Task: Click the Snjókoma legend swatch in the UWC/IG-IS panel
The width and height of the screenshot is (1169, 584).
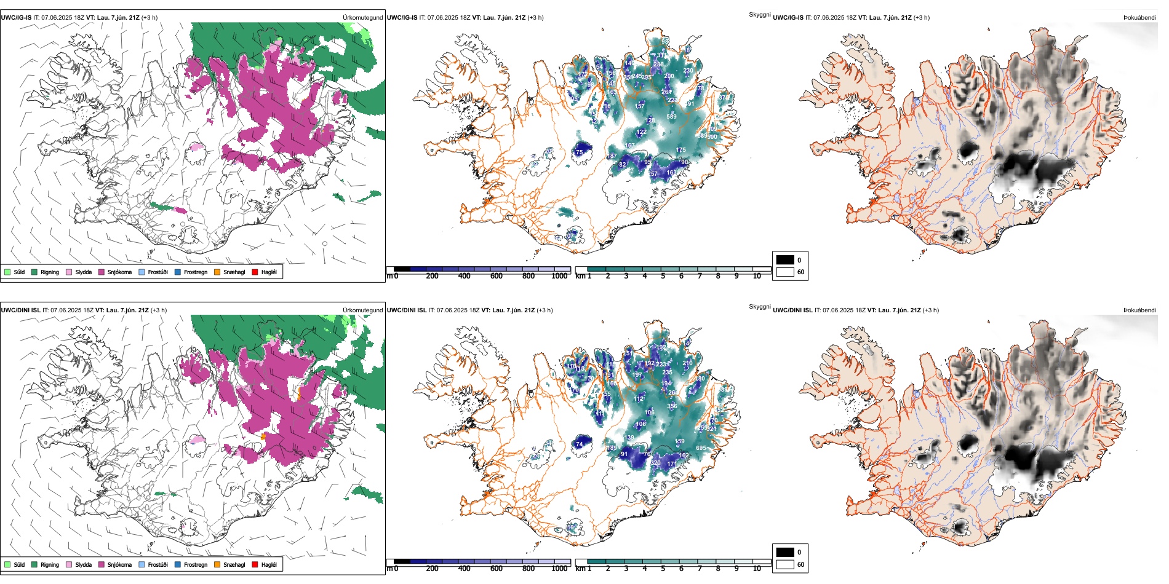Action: click(102, 272)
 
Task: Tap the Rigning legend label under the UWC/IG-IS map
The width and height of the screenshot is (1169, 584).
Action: click(50, 272)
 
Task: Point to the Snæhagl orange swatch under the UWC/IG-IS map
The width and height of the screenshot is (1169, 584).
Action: click(217, 272)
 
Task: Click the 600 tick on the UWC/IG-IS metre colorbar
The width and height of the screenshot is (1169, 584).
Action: click(497, 276)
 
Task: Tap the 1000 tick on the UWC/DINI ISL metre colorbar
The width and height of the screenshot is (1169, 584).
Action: click(559, 569)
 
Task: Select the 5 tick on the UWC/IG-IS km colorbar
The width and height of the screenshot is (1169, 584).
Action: click(663, 276)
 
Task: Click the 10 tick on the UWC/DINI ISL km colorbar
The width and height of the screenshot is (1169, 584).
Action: click(757, 569)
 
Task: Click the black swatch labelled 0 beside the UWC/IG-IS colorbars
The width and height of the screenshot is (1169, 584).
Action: click(785, 260)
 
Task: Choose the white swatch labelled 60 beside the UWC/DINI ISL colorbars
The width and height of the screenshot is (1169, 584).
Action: click(785, 564)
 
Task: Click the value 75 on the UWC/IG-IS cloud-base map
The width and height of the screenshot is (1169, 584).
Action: click(579, 152)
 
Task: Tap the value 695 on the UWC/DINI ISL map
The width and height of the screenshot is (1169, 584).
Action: click(701, 448)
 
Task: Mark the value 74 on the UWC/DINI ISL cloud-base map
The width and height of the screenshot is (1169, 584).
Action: click(579, 444)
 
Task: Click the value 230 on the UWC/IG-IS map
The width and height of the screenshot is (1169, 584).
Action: click(688, 71)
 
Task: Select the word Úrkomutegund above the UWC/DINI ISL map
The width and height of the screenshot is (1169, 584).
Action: click(362, 310)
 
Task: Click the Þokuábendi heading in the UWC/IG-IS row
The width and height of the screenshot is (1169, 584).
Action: click(1139, 18)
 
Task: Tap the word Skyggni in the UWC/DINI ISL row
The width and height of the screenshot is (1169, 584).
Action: click(759, 307)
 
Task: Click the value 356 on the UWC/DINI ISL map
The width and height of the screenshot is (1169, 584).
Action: click(672, 406)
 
